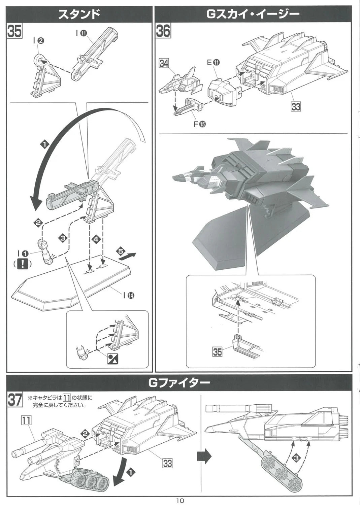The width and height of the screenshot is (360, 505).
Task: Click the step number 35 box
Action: coord(14,31)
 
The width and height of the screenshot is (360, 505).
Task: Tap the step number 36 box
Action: coord(163,31)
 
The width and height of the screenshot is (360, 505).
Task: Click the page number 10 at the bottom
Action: coord(180,501)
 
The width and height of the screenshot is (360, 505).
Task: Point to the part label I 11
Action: coord(81,33)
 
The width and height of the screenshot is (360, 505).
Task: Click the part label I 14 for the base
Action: coord(129,295)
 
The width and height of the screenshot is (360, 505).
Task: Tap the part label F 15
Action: coord(200,124)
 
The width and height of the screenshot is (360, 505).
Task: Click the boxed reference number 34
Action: coord(164,63)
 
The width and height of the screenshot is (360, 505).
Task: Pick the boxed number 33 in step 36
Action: coord(296,106)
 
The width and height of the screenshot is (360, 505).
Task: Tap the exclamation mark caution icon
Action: coord(22,264)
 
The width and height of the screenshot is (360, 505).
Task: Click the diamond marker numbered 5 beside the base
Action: coord(121,251)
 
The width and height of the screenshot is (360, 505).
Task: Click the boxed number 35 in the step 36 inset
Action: coord(218,352)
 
